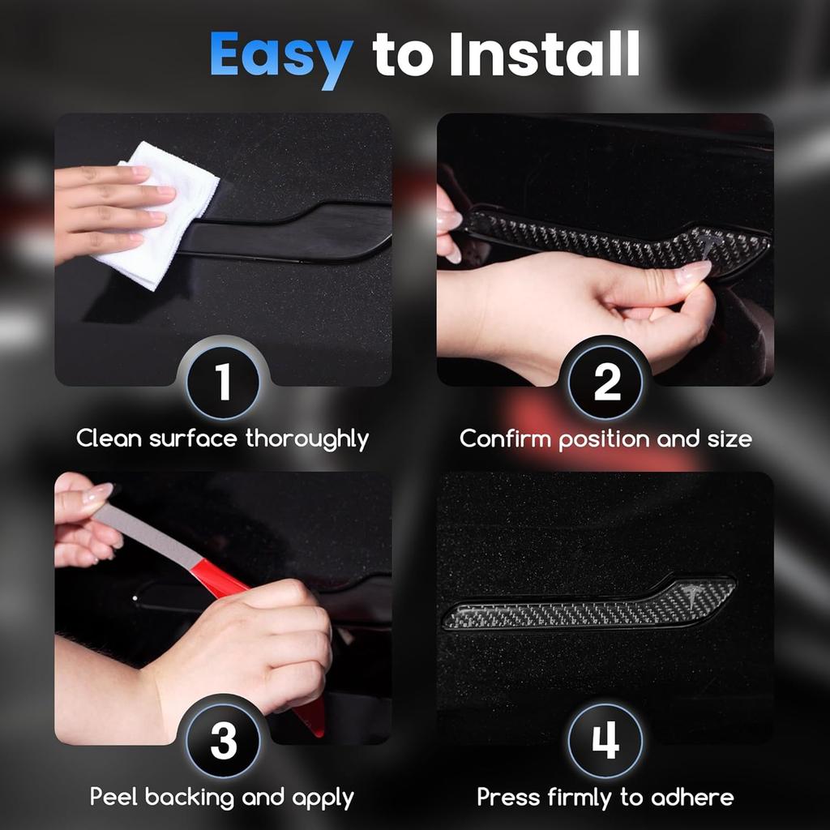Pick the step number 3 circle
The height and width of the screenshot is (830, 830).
pyautogui.click(x=223, y=741)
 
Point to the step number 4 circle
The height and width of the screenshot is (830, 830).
pyautogui.click(x=605, y=741)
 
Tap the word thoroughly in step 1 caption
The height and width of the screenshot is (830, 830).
pyautogui.click(x=307, y=440)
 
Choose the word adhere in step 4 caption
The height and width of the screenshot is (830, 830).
pyautogui.click(x=692, y=798)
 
